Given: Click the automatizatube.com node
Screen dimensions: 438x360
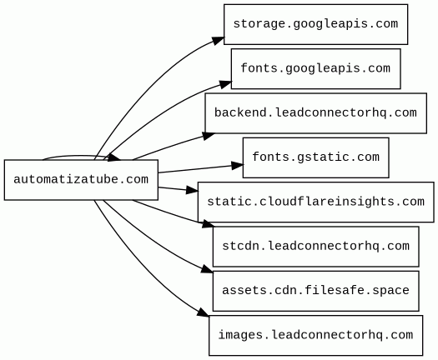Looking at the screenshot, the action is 81,180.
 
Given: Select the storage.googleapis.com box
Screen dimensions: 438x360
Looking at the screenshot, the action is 315,24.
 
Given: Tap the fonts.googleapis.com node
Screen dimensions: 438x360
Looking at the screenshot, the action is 315,69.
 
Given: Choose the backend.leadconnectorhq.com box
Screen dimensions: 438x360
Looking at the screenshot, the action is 315,113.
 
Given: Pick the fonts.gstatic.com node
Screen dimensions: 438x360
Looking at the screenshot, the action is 315,157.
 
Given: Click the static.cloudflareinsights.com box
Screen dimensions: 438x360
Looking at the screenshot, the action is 315,202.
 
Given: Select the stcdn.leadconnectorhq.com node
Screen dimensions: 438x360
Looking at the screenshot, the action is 315,247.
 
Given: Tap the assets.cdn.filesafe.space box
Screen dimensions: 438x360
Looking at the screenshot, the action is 315,291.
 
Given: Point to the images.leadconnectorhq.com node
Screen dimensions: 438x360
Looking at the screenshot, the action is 315,336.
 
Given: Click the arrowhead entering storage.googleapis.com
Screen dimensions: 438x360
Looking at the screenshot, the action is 218,40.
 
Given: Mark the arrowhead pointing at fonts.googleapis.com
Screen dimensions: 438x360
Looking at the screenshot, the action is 226,84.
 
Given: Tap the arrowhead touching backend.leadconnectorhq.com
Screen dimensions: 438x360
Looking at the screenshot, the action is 209,136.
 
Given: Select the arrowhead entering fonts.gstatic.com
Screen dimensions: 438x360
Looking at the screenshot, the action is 238,166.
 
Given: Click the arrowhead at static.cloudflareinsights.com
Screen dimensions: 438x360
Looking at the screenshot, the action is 192,190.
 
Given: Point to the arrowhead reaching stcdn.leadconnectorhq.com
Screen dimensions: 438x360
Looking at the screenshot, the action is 208,224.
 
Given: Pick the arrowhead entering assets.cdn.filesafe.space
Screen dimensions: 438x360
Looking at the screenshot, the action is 207,269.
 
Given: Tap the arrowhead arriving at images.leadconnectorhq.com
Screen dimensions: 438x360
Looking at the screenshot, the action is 204,312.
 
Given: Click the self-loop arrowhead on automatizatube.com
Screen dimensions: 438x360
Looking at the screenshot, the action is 113,157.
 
